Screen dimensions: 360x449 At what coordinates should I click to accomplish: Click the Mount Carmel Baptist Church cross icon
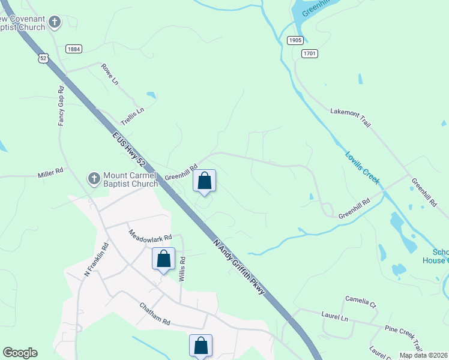94,178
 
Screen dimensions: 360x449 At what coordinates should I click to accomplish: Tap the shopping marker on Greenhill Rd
204,181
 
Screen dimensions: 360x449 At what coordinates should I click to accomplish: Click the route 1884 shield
74,49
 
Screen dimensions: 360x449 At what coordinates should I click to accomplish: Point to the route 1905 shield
294,40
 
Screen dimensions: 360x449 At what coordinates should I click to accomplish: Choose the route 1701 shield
310,53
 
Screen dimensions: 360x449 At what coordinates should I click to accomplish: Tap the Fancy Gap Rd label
61,106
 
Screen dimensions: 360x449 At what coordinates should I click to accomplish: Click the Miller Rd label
50,172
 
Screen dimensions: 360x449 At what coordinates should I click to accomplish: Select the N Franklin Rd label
96,259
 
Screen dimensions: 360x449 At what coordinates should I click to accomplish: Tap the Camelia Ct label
360,302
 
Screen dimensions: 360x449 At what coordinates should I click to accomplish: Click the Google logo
20,353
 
